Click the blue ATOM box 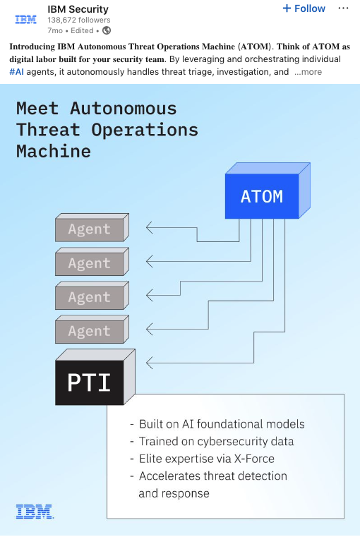261,197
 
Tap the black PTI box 89,382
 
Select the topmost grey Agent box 89,229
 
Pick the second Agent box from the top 89,264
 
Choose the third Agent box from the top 89,298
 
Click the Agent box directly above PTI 89,332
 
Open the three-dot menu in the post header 343,8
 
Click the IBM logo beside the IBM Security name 25,19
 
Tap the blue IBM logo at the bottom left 34,512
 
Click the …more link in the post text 308,71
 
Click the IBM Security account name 78,9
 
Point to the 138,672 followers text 79,20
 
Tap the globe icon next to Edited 107,30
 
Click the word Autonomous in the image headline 124,109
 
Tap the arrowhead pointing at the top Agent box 149,227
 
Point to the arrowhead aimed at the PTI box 149,363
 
